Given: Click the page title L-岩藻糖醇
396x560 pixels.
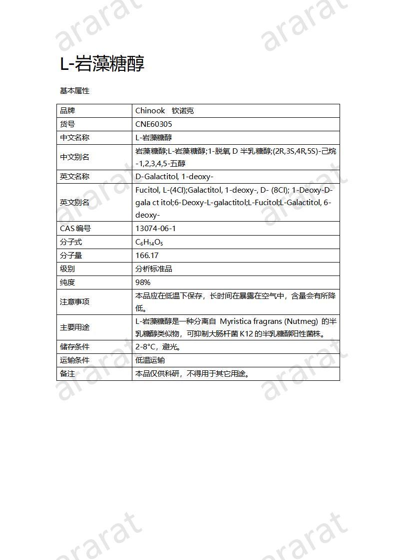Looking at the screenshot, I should click(x=102, y=64).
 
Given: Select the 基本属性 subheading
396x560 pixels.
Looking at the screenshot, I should click(x=74, y=91).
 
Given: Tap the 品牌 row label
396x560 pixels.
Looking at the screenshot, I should click(x=67, y=111).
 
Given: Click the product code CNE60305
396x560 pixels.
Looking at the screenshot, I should click(x=154, y=124).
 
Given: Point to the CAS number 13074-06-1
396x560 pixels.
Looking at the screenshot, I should click(x=156, y=229).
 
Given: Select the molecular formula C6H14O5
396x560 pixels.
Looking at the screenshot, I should click(x=149, y=242).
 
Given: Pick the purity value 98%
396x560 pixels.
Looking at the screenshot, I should click(x=143, y=282).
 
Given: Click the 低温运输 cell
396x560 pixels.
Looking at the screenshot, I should click(x=150, y=360).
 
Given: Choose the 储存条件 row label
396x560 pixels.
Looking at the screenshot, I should click(x=74, y=347).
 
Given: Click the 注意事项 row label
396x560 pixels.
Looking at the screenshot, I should click(x=74, y=302).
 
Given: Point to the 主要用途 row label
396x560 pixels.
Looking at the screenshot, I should click(x=74, y=327).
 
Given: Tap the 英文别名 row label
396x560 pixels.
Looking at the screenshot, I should click(x=74, y=203).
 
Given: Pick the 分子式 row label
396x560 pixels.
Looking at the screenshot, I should click(x=71, y=242).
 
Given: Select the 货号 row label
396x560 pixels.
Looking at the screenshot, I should click(x=67, y=124).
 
